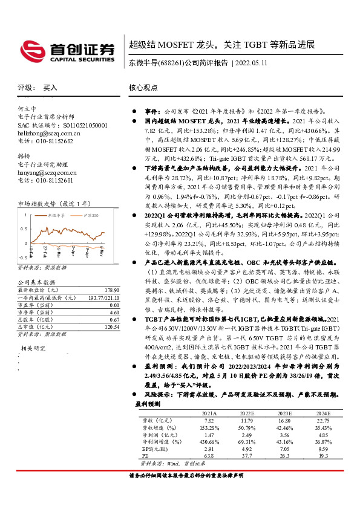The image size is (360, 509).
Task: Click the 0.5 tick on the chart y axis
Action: pos(27,229)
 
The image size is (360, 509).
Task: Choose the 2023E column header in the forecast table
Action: pos(286,412)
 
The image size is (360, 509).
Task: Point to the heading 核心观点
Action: pos(143,88)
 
